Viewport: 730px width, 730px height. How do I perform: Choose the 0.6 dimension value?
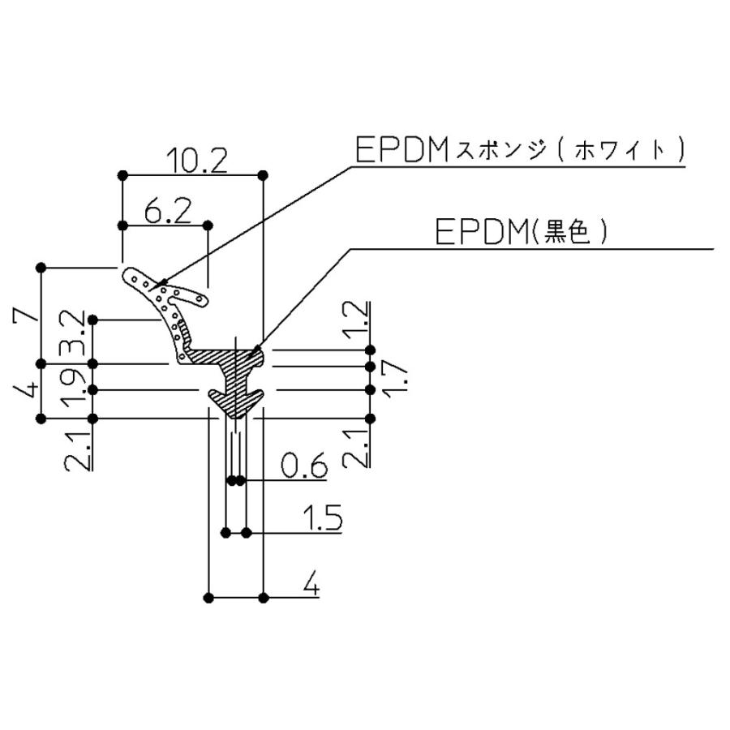303,468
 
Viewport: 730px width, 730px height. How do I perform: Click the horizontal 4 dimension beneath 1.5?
310,583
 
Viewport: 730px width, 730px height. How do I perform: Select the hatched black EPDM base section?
235,381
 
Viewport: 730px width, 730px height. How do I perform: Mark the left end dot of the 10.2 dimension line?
122,174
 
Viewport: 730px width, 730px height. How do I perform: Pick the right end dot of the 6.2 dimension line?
208,225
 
